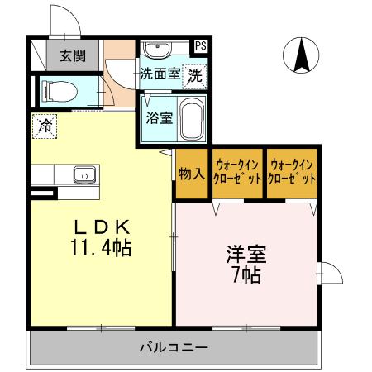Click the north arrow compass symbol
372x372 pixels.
302,55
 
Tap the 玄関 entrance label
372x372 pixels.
69,57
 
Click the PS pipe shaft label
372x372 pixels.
201,46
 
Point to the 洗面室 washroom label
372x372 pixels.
159,74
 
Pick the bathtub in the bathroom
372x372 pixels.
192,121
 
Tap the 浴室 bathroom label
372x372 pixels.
159,117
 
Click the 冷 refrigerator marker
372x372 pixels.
45,126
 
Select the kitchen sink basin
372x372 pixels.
83,174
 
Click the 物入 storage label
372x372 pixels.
191,174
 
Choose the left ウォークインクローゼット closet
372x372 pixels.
237,172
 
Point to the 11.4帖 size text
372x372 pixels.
103,247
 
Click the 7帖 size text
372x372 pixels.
246,275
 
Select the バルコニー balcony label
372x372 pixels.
173,347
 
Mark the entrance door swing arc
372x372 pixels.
64,21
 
